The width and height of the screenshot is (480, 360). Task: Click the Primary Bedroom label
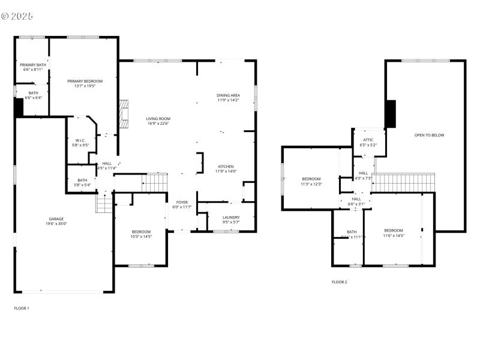[x=85, y=81]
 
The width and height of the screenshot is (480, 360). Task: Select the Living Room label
[x=158, y=119]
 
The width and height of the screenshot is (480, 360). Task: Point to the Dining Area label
[x=228, y=95]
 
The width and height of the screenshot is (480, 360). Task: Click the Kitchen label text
[x=226, y=166]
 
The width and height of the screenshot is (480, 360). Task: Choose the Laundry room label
[x=231, y=217]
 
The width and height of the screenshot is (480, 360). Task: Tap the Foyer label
[x=182, y=202]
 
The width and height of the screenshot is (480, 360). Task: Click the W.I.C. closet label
[x=80, y=142]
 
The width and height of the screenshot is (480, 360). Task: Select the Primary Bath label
[x=32, y=65]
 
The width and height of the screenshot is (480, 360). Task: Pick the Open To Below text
[x=429, y=135]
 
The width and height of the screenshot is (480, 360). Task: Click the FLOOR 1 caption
[x=22, y=308]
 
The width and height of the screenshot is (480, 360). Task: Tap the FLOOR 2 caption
[x=339, y=281]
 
